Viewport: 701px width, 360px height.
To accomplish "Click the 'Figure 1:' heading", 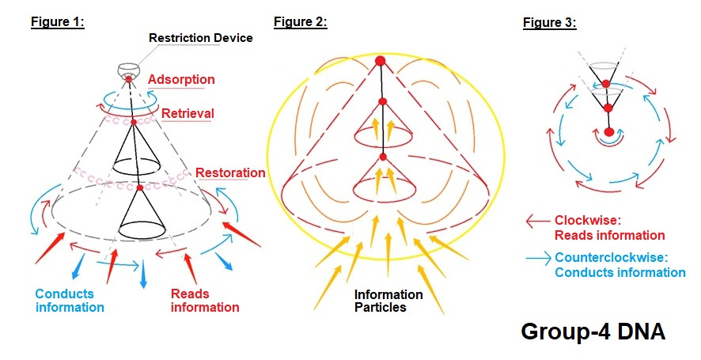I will pos(58,22).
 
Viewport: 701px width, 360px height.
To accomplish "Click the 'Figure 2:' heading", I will pos(301,22).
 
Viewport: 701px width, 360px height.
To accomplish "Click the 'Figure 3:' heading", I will pos(550,23).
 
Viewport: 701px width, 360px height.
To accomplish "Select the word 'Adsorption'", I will pos(181,79).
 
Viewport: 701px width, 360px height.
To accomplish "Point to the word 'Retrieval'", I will pos(188,113).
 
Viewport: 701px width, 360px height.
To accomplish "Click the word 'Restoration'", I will pos(230,172).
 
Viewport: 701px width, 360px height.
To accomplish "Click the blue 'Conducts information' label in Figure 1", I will pos(70,301).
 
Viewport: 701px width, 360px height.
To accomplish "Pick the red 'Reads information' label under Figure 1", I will pos(205,301).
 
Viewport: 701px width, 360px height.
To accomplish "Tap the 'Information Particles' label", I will pos(388,301).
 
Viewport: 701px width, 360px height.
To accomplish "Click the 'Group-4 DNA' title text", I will pos(593,332).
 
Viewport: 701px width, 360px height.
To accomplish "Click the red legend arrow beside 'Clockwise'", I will pos(537,222).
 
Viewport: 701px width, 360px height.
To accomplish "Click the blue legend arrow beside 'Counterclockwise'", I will pos(538,258).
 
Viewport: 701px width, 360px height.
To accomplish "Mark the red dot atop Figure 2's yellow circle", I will pos(380,61).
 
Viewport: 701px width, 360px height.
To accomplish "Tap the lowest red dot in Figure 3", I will pos(608,131).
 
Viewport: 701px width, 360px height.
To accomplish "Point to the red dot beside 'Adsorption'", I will pos(128,78).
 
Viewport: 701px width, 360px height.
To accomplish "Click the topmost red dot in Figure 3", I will pos(605,83).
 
